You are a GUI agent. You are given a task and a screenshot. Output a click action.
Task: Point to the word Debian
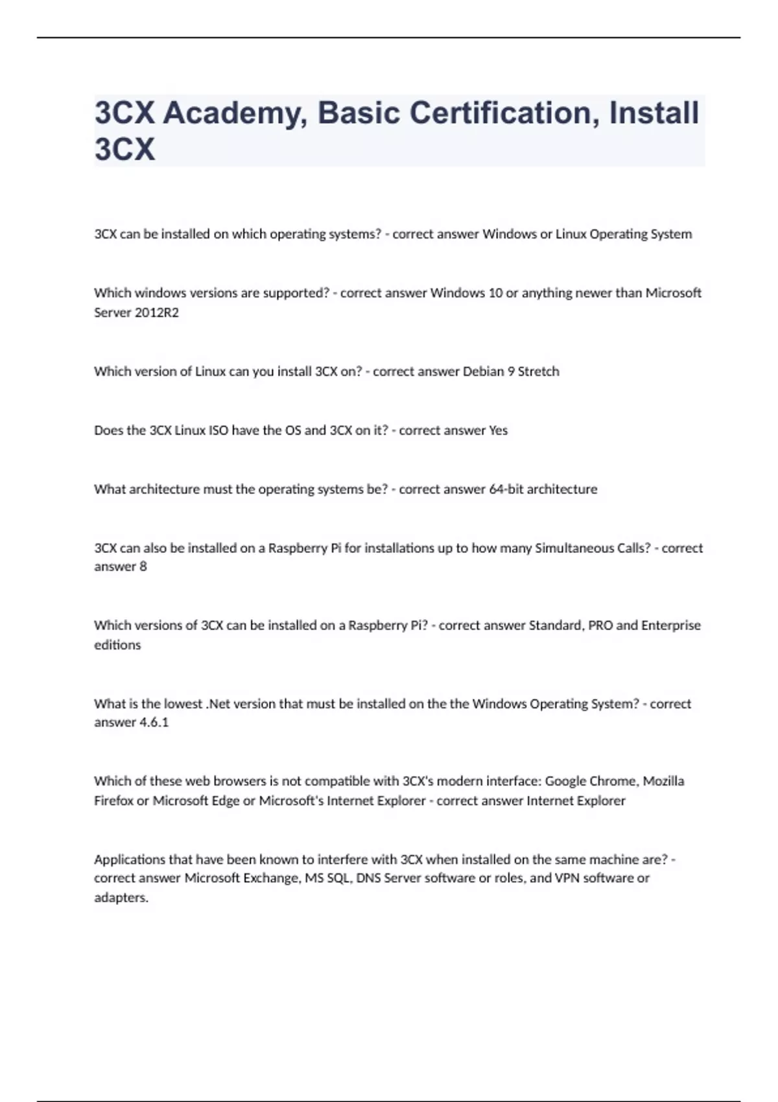point(483,371)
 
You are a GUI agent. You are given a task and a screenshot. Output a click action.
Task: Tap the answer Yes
point(498,430)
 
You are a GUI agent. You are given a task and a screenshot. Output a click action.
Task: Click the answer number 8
point(143,567)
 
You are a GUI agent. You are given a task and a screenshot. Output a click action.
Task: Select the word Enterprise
point(671,626)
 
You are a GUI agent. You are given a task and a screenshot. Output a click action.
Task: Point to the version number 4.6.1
point(154,722)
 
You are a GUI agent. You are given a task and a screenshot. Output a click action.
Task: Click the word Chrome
point(616,781)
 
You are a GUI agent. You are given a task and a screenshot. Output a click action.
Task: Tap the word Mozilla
point(663,781)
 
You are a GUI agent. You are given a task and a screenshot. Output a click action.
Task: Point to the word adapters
point(121,898)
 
